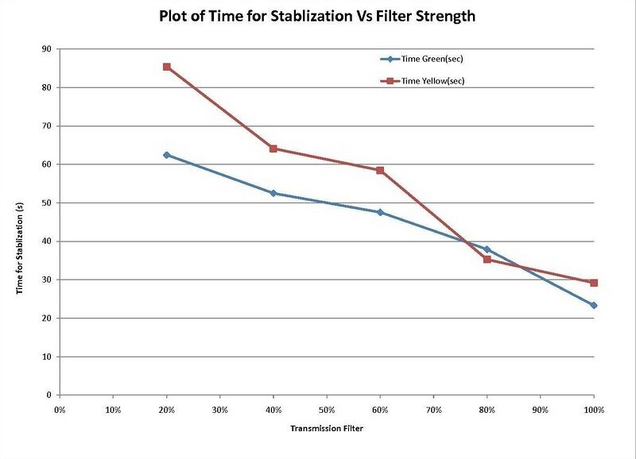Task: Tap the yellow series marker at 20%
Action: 166,67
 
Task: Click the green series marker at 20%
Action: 166,155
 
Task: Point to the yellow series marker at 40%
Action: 273,148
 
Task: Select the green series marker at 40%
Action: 273,193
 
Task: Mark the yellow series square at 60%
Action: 380,170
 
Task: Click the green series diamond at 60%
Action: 380,212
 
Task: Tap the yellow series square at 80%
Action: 487,260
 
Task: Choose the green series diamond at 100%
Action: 594,305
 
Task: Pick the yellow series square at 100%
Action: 594,283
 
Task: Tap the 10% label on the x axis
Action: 113,410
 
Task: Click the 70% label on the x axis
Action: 434,410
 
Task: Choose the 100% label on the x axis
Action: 594,410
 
